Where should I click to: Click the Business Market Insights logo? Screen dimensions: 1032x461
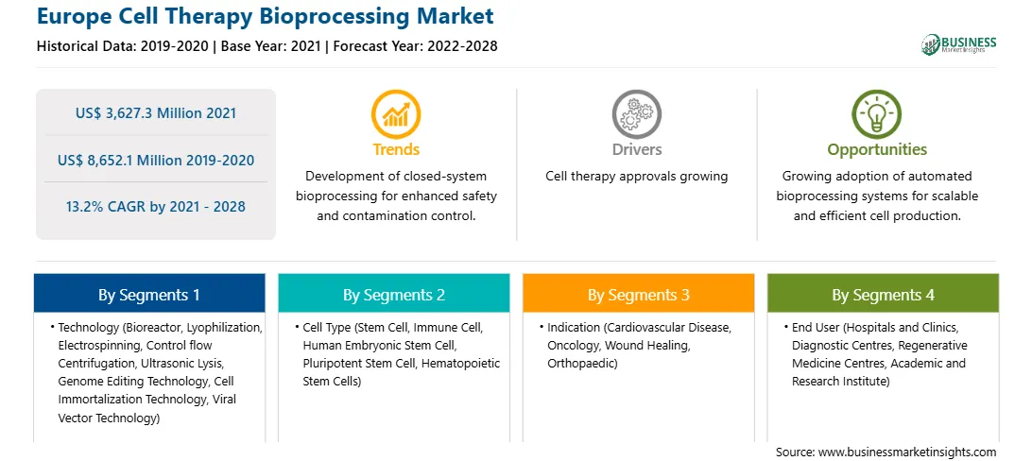[959, 44]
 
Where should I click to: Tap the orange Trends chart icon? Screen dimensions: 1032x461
[396, 114]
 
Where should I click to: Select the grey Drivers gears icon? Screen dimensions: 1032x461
[636, 114]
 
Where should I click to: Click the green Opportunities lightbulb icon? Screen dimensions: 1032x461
[877, 114]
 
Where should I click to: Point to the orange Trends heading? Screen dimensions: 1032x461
[396, 149]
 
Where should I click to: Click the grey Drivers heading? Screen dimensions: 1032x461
[637, 149]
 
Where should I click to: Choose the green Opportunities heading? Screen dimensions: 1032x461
[877, 150]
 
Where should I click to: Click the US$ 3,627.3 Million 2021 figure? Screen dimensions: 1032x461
[156, 113]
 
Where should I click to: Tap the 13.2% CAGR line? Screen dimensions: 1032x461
[156, 207]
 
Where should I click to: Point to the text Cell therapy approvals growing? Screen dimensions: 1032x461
[636, 177]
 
